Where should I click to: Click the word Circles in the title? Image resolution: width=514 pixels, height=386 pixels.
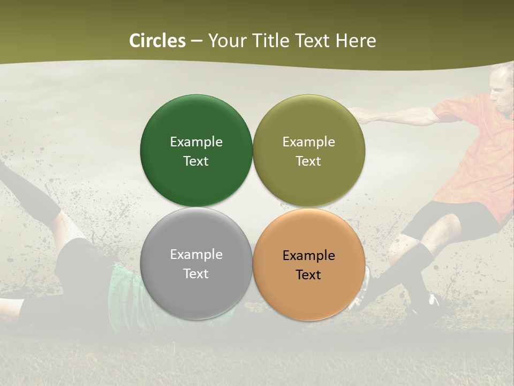157,41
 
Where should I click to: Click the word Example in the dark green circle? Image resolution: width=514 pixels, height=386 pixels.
196,142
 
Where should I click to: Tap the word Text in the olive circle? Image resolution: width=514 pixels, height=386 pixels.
308,161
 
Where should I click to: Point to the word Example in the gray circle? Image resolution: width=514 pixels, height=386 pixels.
196,255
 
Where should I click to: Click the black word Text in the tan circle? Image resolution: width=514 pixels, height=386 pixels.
308,275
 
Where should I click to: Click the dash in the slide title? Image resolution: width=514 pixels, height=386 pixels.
196,41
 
